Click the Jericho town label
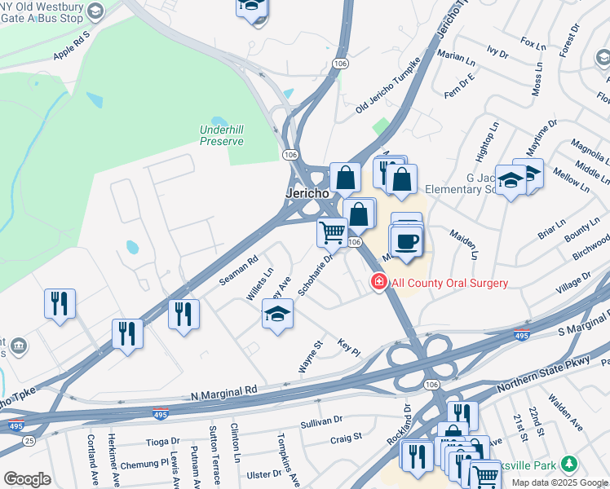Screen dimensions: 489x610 point(307,194)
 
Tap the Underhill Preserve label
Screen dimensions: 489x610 point(222,134)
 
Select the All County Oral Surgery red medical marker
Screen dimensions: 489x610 point(378,283)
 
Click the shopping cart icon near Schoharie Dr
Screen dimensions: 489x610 point(332,231)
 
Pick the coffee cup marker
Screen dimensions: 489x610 point(406,240)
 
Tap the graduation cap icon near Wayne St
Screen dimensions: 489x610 point(277,313)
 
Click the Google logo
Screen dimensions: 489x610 point(27,479)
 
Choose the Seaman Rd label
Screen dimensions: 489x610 point(238,271)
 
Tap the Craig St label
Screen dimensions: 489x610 point(346,438)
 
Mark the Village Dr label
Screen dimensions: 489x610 point(572,284)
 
